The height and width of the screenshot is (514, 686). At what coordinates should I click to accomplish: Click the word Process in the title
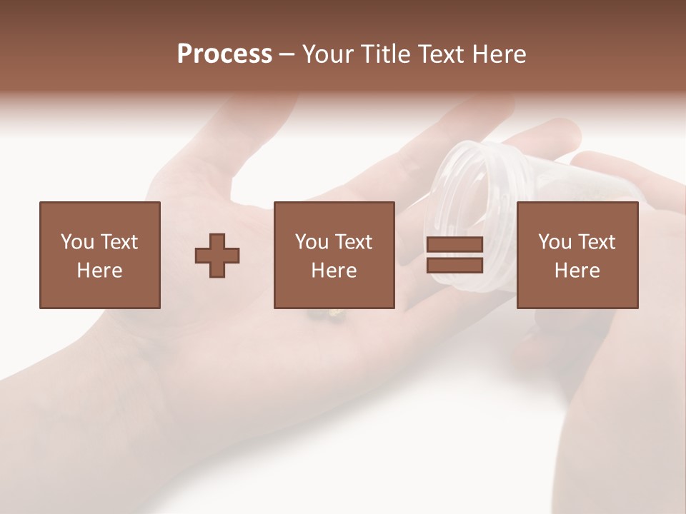click(224, 54)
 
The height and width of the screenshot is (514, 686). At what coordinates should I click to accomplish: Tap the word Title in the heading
click(387, 54)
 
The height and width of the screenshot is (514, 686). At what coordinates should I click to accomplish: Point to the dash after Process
click(287, 54)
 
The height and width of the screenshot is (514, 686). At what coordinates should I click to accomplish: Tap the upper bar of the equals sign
click(454, 245)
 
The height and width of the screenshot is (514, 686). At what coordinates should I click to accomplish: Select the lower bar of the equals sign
click(454, 266)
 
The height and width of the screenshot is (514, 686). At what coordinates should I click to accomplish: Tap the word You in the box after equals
click(555, 242)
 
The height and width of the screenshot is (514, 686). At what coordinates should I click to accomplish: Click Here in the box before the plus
click(99, 271)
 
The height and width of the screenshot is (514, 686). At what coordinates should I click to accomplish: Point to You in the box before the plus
click(77, 242)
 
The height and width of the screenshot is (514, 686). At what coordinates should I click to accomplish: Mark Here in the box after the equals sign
click(577, 271)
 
